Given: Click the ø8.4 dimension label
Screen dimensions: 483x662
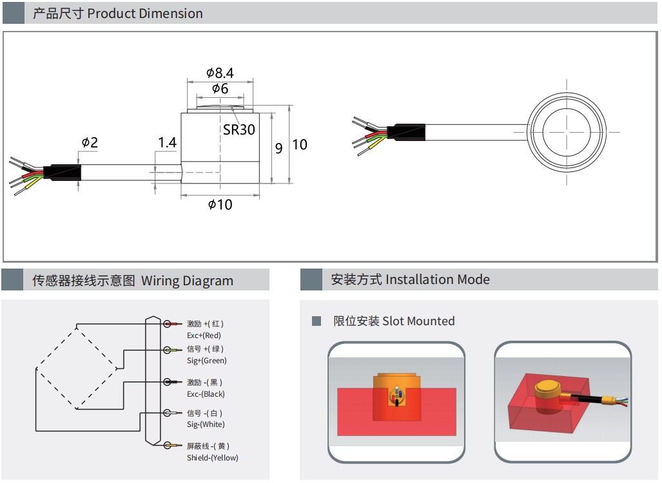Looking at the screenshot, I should tap(220, 73).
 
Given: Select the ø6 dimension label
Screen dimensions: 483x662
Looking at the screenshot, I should tap(220, 90).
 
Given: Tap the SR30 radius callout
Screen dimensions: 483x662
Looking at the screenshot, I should tap(239, 129).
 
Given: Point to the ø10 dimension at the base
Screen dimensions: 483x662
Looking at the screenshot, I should tap(220, 205).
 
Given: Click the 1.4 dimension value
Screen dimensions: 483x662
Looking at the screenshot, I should tap(167, 142).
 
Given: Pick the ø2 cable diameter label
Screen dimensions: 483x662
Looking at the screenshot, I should tap(90, 142).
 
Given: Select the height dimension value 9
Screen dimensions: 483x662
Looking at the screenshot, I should tap(278, 147).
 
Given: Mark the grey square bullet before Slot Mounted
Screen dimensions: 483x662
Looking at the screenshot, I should tap(316, 321).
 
